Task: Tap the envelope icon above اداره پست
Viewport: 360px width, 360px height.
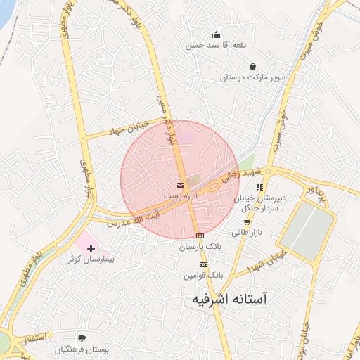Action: click(x=181, y=185)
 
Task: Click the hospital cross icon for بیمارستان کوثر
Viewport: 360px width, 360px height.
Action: click(x=91, y=248)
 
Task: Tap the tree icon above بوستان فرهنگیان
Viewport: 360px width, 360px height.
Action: click(x=82, y=338)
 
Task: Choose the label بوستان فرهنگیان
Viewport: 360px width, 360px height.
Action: click(x=82, y=349)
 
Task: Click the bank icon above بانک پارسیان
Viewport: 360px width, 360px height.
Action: click(x=200, y=236)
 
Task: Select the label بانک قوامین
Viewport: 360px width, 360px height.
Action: click(x=203, y=276)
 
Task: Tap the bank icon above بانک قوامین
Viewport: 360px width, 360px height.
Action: click(x=203, y=264)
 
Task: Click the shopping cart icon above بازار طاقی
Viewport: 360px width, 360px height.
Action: click(x=247, y=221)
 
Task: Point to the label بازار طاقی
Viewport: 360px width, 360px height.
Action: click(x=247, y=232)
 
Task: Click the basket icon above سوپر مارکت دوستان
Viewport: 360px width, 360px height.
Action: click(x=252, y=66)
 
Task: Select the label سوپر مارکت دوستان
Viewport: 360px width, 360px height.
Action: click(x=252, y=77)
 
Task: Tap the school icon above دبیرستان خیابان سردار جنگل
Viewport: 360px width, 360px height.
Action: click(x=259, y=187)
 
